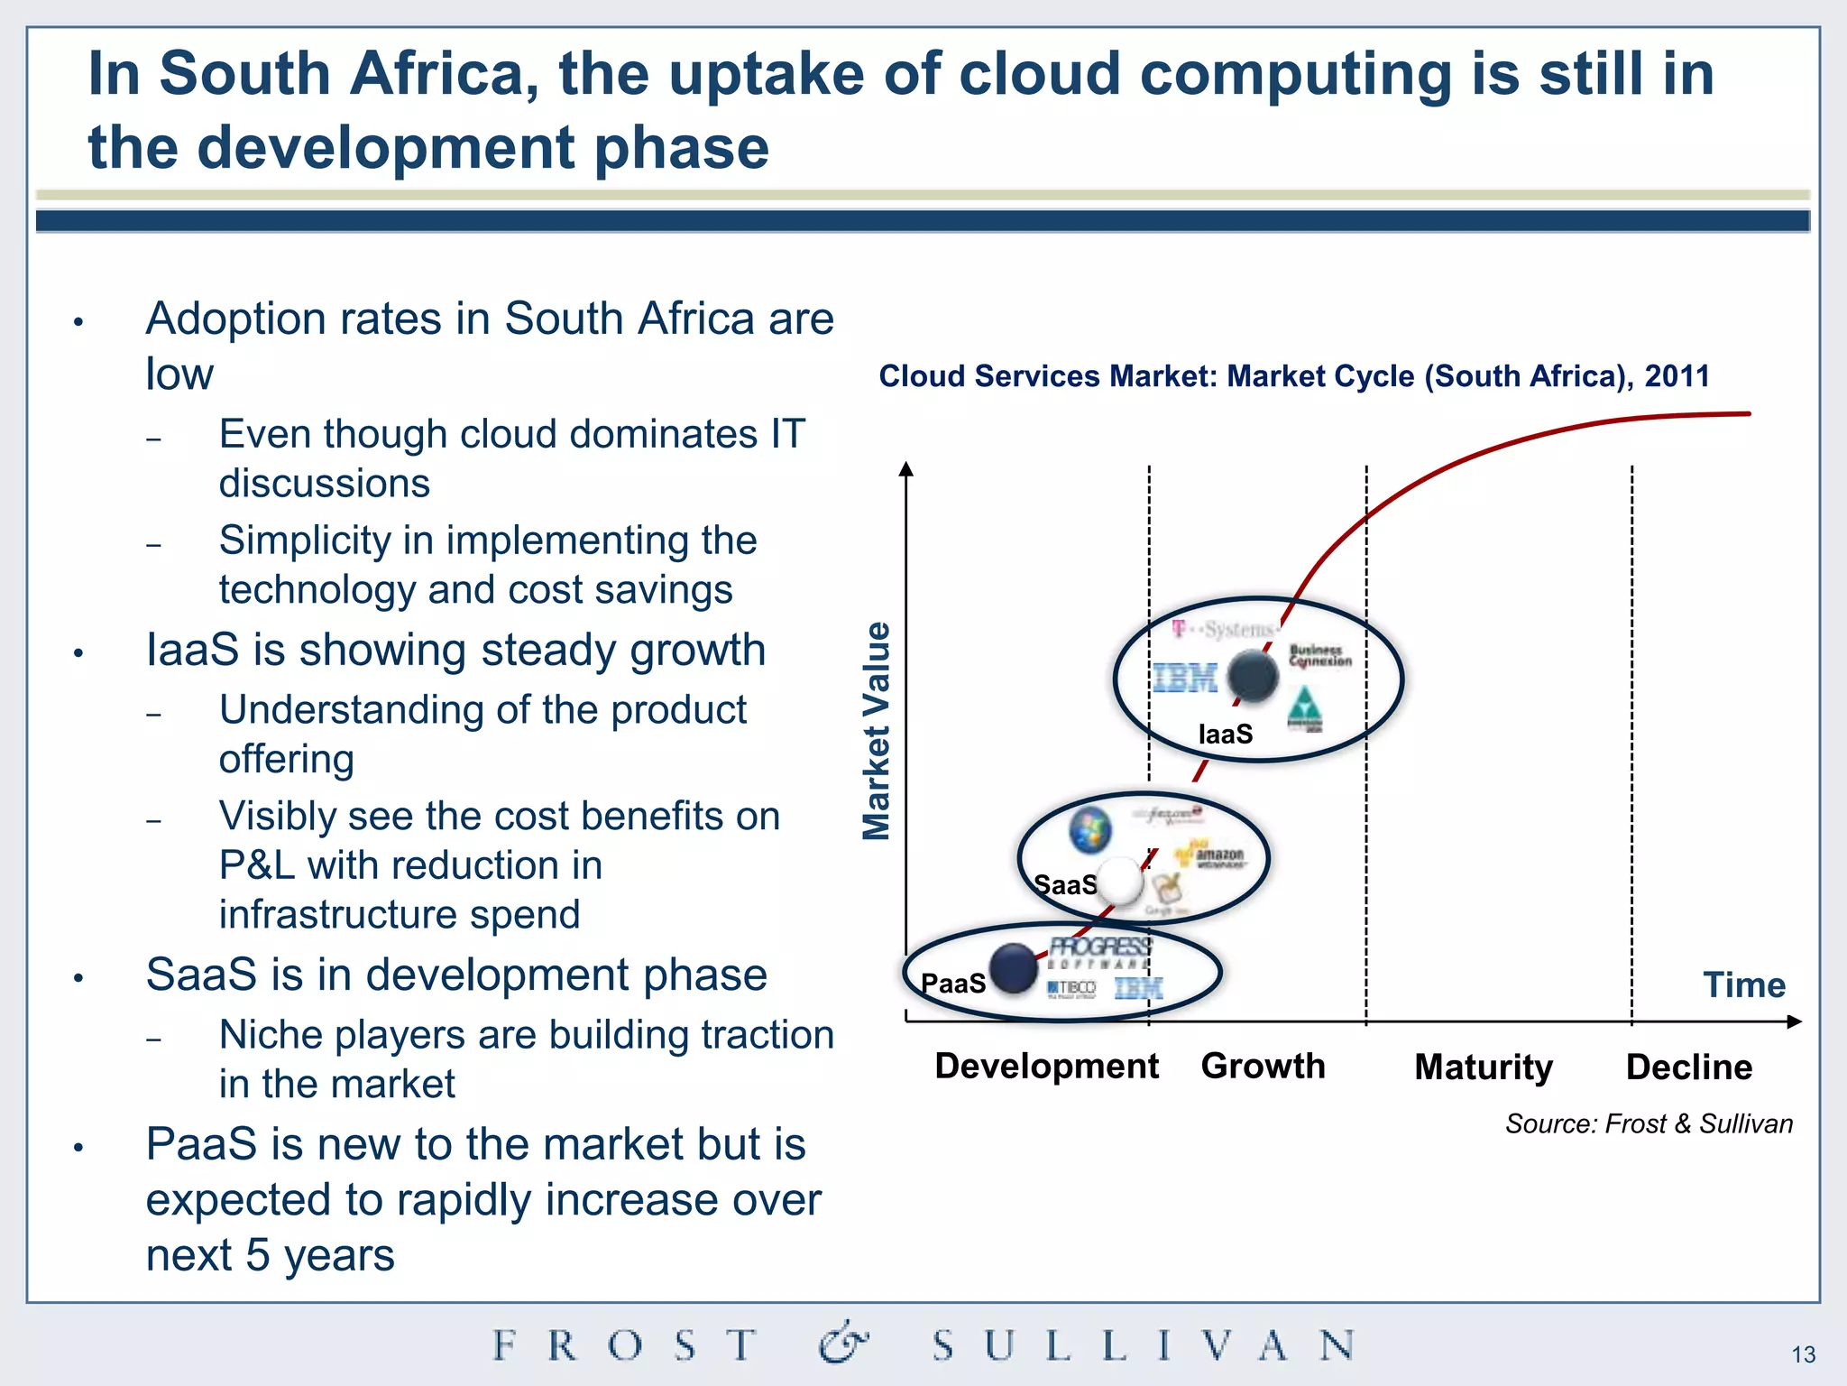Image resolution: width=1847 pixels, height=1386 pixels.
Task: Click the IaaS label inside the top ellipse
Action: coord(1225,735)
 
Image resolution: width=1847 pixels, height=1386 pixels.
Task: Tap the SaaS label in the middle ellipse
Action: coord(1065,884)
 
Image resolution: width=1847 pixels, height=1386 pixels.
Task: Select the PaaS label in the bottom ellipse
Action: coord(953,983)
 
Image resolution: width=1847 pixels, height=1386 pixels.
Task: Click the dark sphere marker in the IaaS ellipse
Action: coord(1253,677)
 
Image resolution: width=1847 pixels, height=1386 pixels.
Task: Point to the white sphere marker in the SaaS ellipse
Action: coord(1119,881)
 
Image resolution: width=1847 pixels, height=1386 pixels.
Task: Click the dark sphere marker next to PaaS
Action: coord(1014,968)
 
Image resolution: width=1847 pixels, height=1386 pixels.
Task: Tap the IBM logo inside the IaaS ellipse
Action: coord(1185,678)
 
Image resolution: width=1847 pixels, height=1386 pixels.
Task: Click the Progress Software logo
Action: coord(1099,952)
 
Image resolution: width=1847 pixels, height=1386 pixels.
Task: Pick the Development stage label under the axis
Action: coord(1046,1067)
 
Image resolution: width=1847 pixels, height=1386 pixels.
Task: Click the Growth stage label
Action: coord(1263,1067)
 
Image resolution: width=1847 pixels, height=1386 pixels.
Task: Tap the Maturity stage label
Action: coord(1484,1067)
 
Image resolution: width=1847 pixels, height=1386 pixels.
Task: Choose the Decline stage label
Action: coord(1688,1067)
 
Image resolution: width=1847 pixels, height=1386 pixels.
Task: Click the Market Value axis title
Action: coord(877,731)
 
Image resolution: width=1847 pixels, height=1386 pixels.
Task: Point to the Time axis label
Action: coord(1743,984)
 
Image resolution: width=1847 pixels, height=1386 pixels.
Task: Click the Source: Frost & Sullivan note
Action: coord(1649,1123)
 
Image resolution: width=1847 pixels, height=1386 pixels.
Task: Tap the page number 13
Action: coord(1803,1354)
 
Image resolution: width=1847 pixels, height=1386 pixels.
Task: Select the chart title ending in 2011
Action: coord(1293,376)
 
